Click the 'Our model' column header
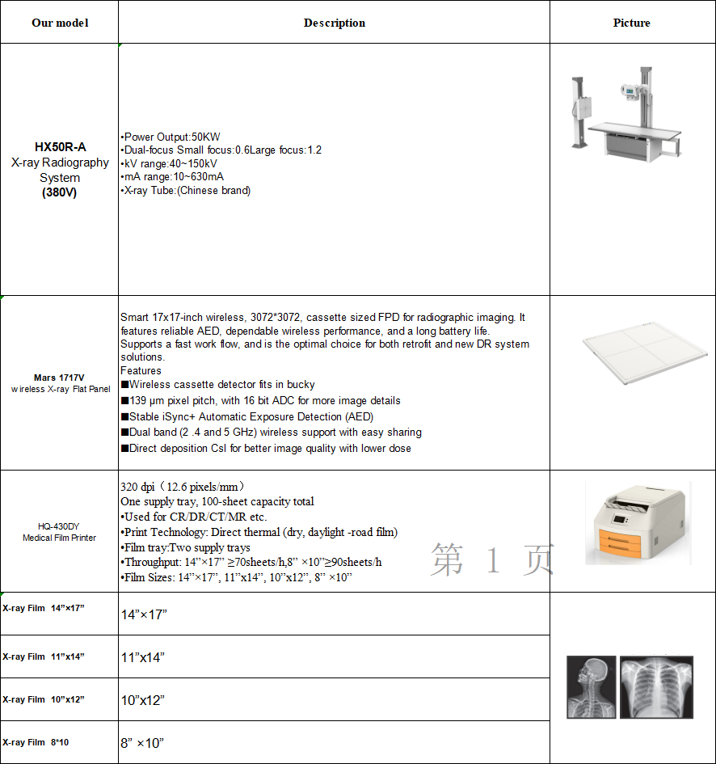click(x=60, y=23)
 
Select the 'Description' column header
click(x=334, y=23)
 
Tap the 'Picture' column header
click(x=632, y=23)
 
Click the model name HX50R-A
click(x=60, y=147)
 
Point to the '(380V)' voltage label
click(x=60, y=192)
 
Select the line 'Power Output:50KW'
click(x=171, y=137)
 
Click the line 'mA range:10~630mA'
click(x=172, y=177)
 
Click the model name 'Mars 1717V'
click(x=59, y=378)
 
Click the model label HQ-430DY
click(x=59, y=526)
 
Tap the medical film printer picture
click(x=638, y=524)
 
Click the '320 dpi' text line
click(x=183, y=487)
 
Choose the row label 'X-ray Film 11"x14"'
click(x=44, y=656)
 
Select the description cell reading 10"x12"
click(x=143, y=700)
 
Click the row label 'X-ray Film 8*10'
click(x=36, y=742)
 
